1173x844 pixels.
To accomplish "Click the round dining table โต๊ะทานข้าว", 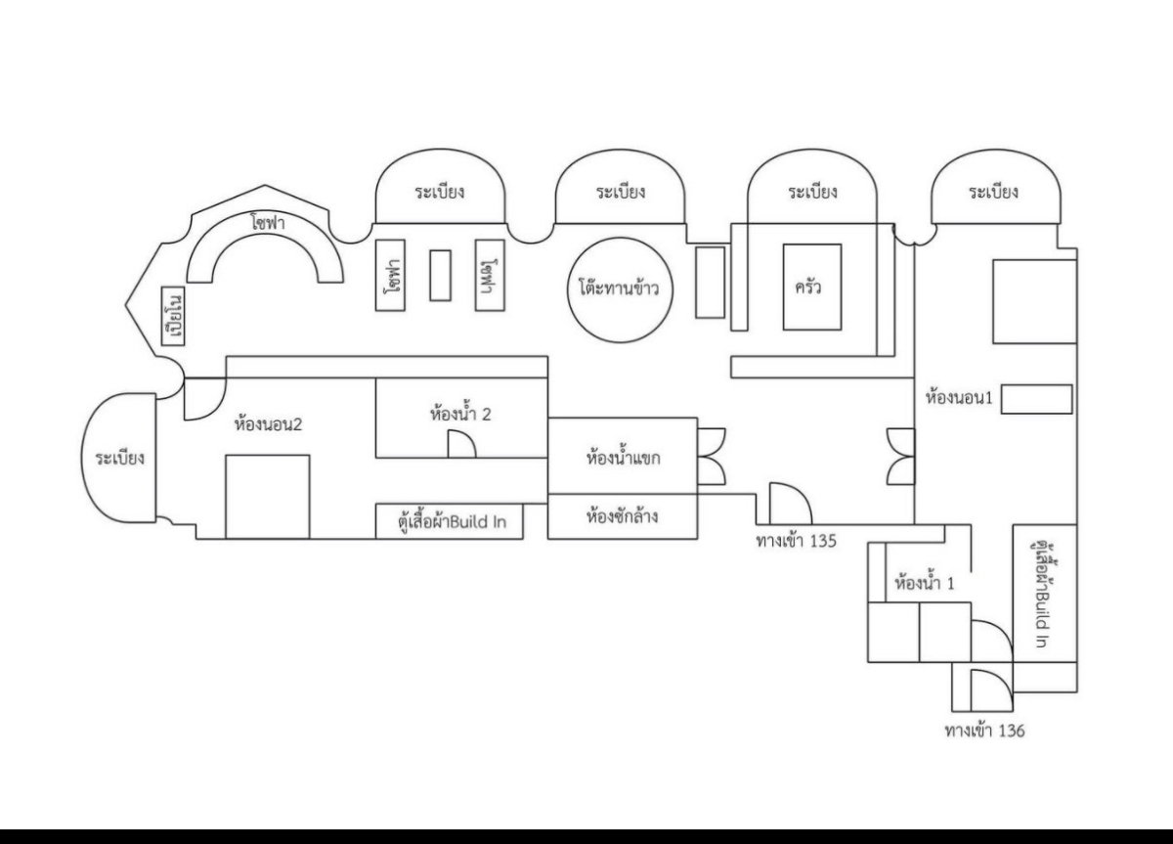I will pos(619,289).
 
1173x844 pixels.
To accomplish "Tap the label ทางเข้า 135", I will pos(796,539).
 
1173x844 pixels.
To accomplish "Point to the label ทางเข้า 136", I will pos(984,731).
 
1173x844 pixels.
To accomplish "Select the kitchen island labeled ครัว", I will pos(811,287).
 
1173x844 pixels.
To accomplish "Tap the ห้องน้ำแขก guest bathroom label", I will pos(623,457).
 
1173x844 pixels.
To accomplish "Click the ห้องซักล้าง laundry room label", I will pos(621,515).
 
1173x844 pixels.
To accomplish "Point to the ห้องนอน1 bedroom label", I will pos(959,398).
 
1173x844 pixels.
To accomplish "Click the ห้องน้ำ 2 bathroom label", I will pos(459,414).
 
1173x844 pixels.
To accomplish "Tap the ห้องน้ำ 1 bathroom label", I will pos(925,584).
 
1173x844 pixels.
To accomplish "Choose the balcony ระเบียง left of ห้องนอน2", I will pos(120,457).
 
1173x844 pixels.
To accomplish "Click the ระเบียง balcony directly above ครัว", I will pos(812,192).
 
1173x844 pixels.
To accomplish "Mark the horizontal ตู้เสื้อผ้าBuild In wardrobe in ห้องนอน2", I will pos(449,521).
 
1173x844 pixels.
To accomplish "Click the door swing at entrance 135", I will pos(790,503).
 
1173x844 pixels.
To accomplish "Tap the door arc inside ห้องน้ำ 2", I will pos(462,446).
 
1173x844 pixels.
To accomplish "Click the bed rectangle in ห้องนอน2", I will pos(267,496).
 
